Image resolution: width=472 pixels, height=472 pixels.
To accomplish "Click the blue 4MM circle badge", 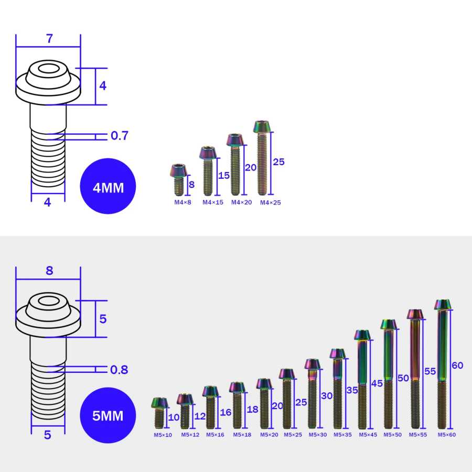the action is [108, 186].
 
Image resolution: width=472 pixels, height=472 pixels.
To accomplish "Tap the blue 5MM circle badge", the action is [108, 415].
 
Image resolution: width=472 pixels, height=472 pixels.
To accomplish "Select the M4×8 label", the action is [183, 202].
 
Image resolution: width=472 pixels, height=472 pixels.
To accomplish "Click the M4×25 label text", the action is [270, 202].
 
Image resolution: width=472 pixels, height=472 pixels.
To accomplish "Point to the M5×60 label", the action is [447, 435].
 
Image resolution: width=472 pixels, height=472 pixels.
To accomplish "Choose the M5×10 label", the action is [163, 435].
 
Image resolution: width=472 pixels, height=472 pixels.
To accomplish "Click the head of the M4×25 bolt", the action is [262, 126].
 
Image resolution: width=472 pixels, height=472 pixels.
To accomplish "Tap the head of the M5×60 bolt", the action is [443, 305].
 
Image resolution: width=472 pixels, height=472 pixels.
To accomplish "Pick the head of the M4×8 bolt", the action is [179, 170].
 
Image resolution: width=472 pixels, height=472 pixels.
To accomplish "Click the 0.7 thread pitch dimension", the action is [120, 135].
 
